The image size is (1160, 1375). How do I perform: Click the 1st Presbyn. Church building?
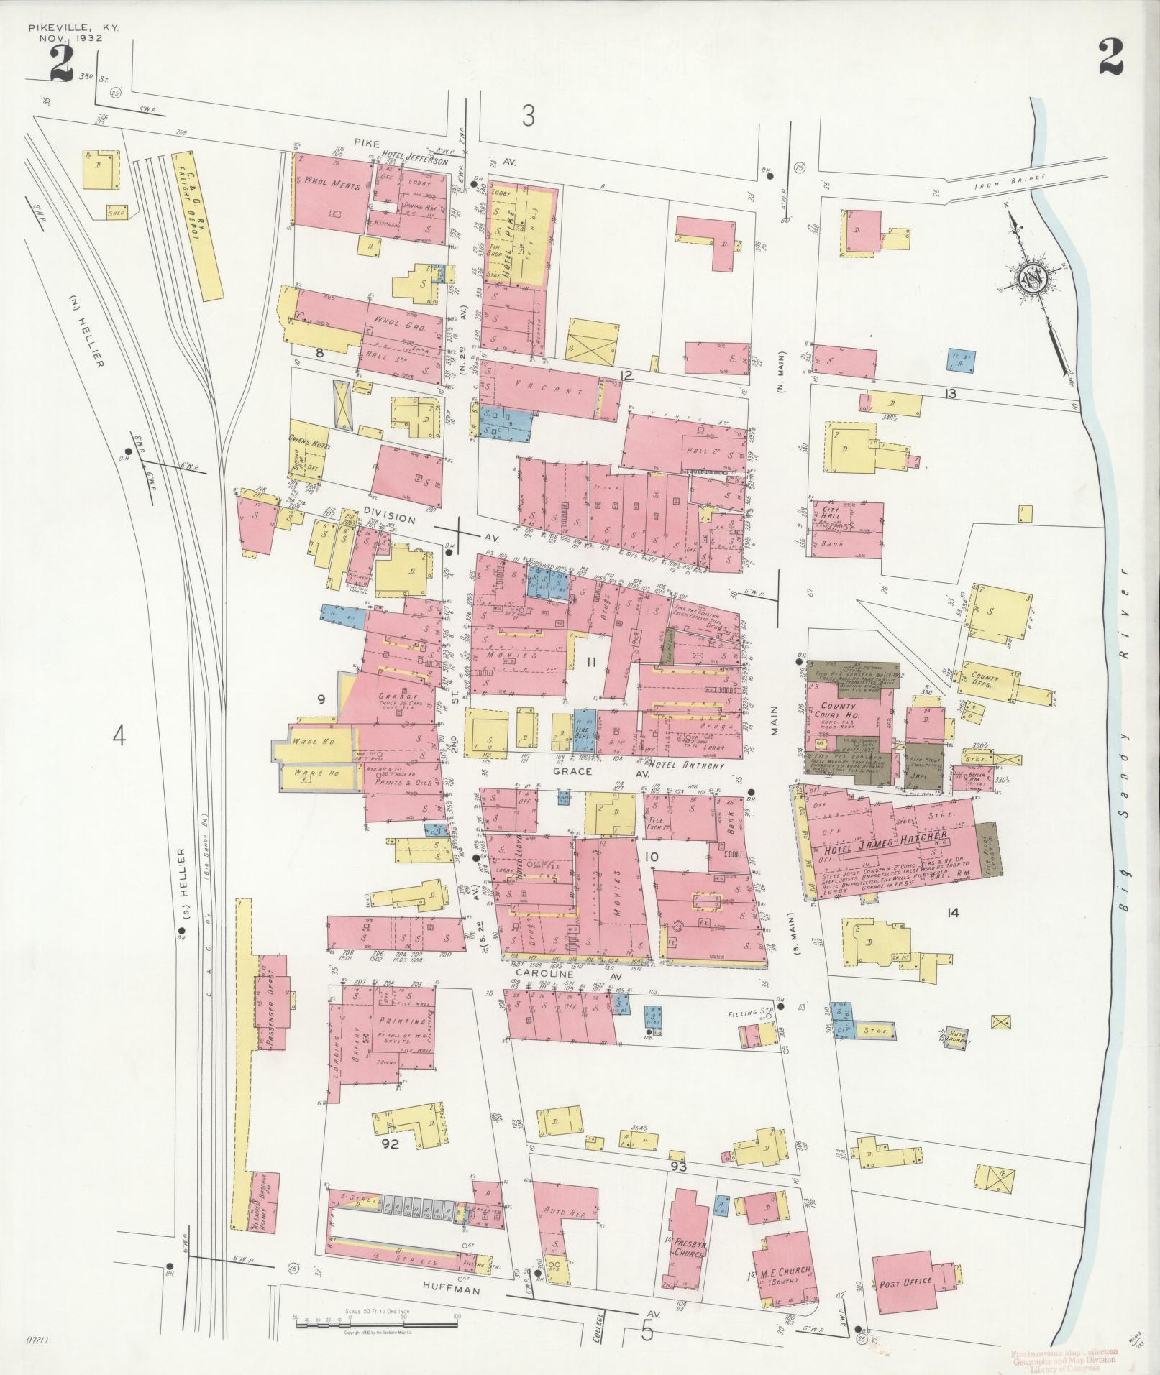[684, 1238]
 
